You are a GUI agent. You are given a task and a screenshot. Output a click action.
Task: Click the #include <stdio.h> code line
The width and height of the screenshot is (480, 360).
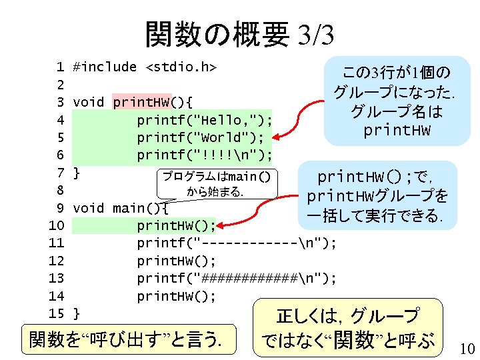[146, 67]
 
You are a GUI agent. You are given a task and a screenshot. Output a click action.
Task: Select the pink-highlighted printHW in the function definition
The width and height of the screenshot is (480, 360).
[142, 102]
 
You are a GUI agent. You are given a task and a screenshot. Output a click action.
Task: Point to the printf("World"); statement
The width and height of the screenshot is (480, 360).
[200, 137]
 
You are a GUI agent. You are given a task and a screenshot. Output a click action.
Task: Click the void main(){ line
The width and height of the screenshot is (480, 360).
[120, 208]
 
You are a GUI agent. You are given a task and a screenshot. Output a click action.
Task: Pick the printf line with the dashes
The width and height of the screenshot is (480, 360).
[237, 243]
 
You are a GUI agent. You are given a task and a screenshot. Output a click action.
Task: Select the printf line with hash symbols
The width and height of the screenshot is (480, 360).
[237, 278]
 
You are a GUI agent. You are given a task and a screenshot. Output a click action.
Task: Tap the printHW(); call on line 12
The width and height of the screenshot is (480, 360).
[176, 261]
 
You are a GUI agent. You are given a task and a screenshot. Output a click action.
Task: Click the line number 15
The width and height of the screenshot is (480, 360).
[56, 313]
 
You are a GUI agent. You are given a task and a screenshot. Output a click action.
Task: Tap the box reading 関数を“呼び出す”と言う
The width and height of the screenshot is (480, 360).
[131, 340]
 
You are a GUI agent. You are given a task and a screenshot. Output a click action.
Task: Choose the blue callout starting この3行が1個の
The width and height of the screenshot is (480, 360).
[396, 100]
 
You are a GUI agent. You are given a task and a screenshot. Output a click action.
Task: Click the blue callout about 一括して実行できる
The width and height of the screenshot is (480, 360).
[377, 197]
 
